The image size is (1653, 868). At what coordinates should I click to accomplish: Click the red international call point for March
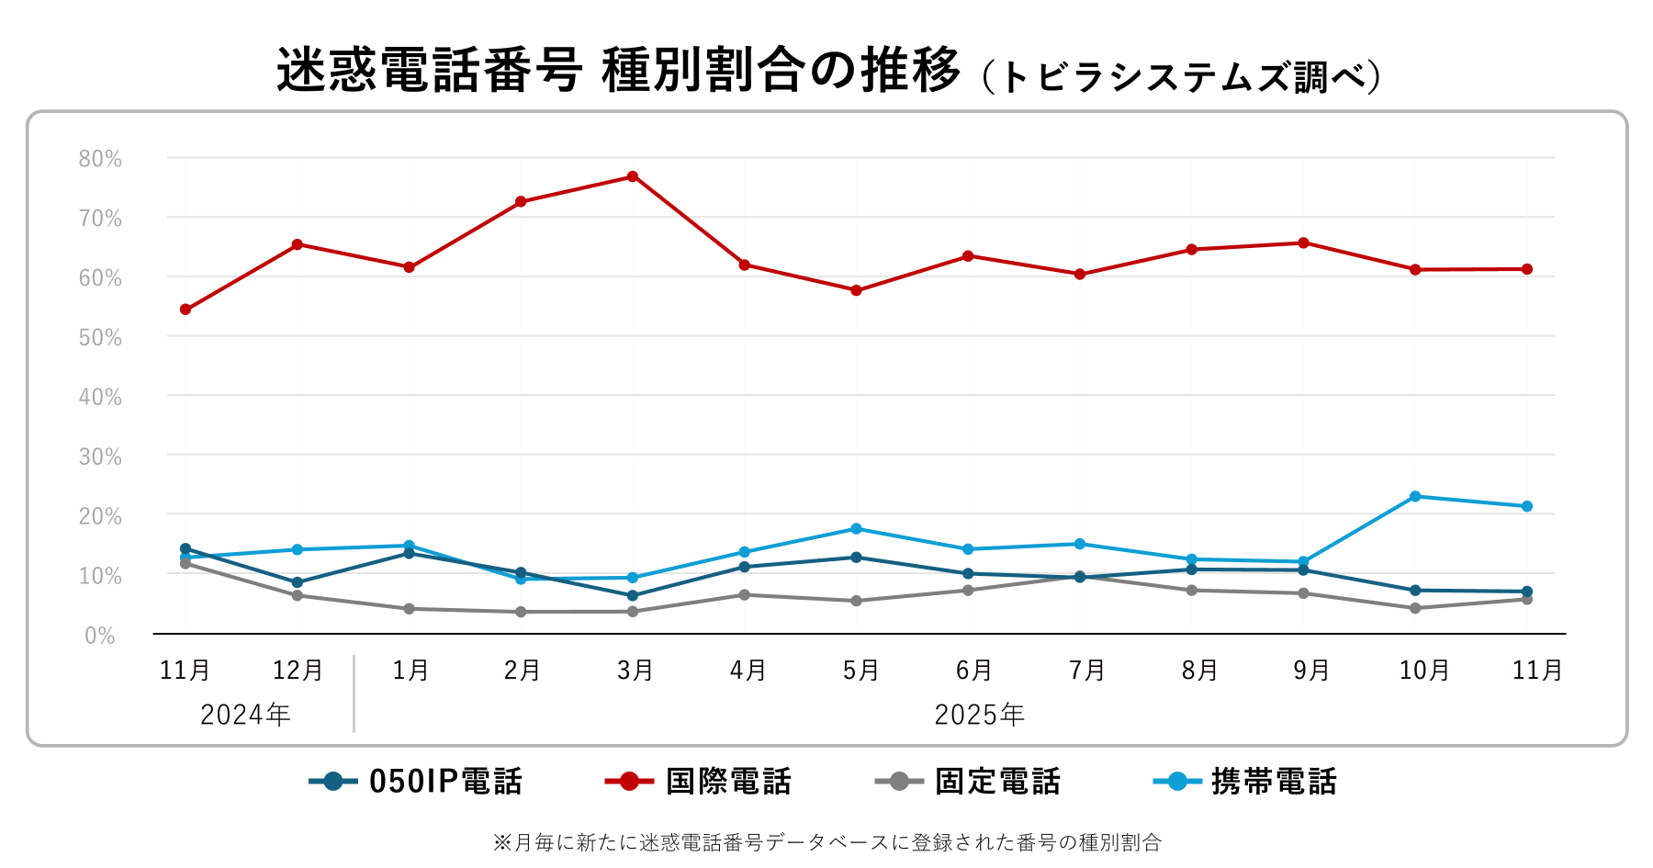[x=633, y=176]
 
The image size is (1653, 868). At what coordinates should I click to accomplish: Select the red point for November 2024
[x=186, y=310]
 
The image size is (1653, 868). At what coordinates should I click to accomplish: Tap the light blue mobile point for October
[x=1415, y=496]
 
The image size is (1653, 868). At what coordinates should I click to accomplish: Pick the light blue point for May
[x=856, y=528]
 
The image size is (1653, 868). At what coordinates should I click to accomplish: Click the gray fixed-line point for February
[x=521, y=612]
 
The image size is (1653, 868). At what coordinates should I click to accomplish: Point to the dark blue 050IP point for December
[x=298, y=582]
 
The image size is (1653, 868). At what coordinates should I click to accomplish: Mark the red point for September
[x=1303, y=242]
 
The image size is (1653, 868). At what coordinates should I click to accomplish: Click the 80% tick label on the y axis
[x=100, y=159]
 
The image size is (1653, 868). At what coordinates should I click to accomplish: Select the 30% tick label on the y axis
[x=100, y=457]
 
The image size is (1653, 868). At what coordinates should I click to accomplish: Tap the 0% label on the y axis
[x=100, y=636]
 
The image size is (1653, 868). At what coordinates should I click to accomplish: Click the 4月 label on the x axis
[x=748, y=671]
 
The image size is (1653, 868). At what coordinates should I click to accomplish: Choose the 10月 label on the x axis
[x=1423, y=671]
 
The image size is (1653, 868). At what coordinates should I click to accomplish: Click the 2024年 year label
[x=245, y=715]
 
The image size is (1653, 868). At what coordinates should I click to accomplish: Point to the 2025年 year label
[x=979, y=715]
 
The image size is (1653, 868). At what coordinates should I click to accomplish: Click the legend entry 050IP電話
[x=444, y=782]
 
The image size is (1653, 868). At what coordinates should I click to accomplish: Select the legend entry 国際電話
[x=727, y=782]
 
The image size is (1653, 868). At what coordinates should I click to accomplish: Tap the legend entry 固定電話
[x=996, y=782]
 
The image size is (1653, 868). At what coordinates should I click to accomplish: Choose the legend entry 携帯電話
[x=1273, y=782]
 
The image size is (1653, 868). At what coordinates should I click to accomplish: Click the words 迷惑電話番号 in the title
[x=429, y=71]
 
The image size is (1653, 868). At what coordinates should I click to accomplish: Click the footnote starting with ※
[x=826, y=842]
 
